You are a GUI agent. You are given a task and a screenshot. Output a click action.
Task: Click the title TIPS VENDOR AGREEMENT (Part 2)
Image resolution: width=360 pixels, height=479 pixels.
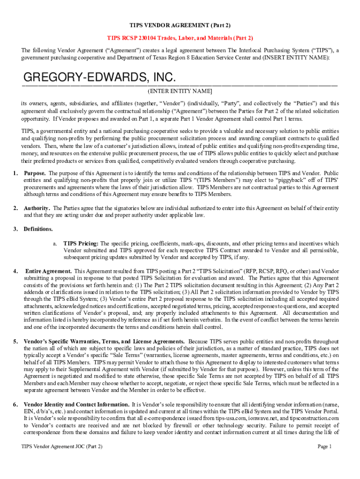click(x=180, y=25)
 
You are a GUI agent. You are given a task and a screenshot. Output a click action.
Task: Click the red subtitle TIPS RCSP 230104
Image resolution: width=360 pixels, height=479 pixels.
click(x=180, y=38)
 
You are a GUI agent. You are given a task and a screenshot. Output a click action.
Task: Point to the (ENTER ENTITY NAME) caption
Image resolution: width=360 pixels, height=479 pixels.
click(x=180, y=91)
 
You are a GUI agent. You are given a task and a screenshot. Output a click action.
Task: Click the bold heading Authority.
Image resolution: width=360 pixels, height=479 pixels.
click(x=37, y=208)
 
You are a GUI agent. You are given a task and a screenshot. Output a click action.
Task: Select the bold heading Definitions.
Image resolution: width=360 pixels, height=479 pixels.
click(x=38, y=229)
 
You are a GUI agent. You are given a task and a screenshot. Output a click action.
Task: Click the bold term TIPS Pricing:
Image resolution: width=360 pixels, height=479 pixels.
click(x=81, y=244)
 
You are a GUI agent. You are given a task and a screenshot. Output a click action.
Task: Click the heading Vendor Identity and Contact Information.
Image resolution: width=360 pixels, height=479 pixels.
click(x=77, y=404)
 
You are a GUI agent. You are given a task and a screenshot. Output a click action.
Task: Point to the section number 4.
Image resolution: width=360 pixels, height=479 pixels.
click(x=15, y=271)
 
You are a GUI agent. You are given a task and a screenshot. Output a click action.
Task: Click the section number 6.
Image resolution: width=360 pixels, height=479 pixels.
click(x=15, y=404)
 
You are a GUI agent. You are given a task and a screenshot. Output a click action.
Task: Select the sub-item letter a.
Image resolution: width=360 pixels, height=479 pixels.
click(x=55, y=244)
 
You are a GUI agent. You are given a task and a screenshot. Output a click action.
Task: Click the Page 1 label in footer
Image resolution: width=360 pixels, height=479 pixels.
click(x=324, y=447)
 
